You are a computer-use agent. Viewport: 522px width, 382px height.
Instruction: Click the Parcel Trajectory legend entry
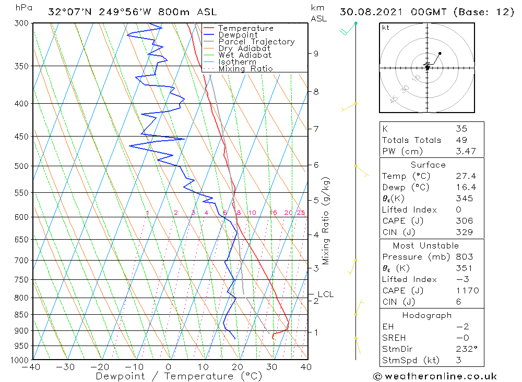(x=256, y=42)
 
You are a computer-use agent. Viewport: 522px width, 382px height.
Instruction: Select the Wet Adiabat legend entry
(x=245, y=55)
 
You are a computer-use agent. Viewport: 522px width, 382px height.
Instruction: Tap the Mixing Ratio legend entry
(x=245, y=69)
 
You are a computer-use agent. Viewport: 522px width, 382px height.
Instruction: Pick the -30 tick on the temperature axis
(x=66, y=367)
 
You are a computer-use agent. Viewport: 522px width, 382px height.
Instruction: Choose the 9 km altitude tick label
(x=316, y=53)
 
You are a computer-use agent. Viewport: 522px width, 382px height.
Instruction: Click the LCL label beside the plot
(x=325, y=294)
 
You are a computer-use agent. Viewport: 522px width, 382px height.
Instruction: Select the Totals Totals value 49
(x=461, y=140)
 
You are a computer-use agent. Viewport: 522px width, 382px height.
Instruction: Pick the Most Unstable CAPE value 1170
(x=467, y=291)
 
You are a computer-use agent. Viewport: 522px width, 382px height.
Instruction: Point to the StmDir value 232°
(x=464, y=349)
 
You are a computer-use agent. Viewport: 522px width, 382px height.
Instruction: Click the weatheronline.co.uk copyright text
(x=435, y=376)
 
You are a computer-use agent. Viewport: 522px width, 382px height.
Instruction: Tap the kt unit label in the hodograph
(x=386, y=28)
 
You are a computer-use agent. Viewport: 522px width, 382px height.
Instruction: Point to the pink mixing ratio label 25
(x=301, y=213)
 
